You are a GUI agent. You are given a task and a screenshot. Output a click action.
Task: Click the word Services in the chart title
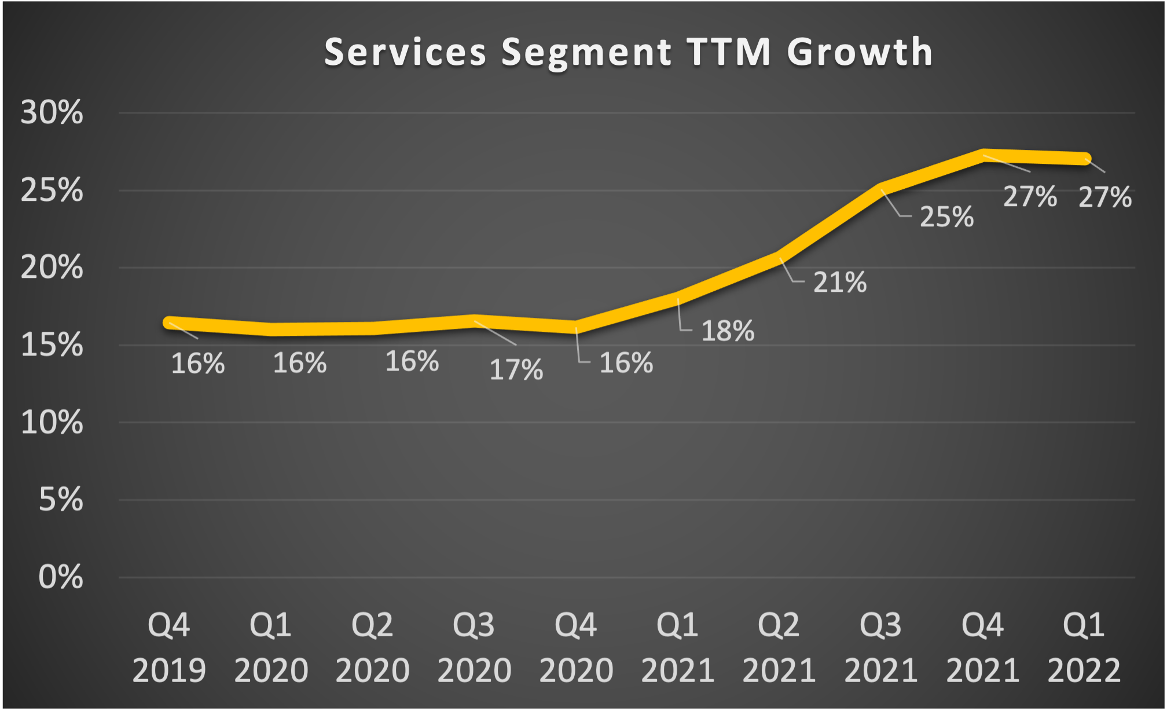point(405,52)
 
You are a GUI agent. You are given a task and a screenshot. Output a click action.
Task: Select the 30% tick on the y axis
point(52,112)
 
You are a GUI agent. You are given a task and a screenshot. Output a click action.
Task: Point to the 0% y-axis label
point(60,577)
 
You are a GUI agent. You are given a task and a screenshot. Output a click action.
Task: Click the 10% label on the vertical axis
point(52,423)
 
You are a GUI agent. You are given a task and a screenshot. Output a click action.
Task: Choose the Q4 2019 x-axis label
point(169,647)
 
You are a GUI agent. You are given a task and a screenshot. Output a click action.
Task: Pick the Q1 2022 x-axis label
point(1084,647)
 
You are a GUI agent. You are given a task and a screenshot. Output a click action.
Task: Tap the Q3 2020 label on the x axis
point(474,647)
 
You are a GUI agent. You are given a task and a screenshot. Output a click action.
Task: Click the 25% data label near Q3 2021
point(946,217)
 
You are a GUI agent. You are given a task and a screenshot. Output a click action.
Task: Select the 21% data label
point(839,283)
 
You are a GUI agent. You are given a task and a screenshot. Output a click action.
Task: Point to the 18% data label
point(728,331)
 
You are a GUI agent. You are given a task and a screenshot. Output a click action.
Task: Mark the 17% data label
point(516,370)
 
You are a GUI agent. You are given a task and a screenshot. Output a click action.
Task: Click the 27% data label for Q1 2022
point(1104,197)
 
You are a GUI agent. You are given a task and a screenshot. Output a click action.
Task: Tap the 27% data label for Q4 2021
point(1030,197)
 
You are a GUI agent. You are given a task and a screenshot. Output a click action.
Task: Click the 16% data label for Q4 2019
point(197,364)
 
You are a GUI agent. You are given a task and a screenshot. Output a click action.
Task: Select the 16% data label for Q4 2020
point(626,364)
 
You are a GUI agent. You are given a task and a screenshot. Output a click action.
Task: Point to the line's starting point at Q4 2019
point(169,322)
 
